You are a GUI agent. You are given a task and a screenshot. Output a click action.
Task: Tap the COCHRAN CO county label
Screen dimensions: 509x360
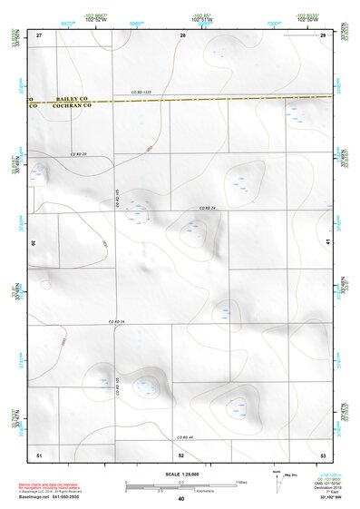coord(58,105)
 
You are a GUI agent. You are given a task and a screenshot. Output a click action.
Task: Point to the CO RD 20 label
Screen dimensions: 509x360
coord(77,155)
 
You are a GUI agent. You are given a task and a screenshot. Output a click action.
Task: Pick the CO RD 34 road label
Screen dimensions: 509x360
coord(115,321)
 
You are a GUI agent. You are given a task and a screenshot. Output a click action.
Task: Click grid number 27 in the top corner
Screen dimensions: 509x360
coord(39,34)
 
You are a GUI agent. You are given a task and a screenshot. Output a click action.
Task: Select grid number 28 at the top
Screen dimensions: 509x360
coord(182,35)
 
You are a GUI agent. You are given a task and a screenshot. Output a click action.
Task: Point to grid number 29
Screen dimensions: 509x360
coord(323,34)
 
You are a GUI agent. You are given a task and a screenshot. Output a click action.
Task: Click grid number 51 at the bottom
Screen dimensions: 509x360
coord(39,453)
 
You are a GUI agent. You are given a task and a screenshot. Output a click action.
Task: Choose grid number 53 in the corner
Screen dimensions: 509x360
coord(323,453)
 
